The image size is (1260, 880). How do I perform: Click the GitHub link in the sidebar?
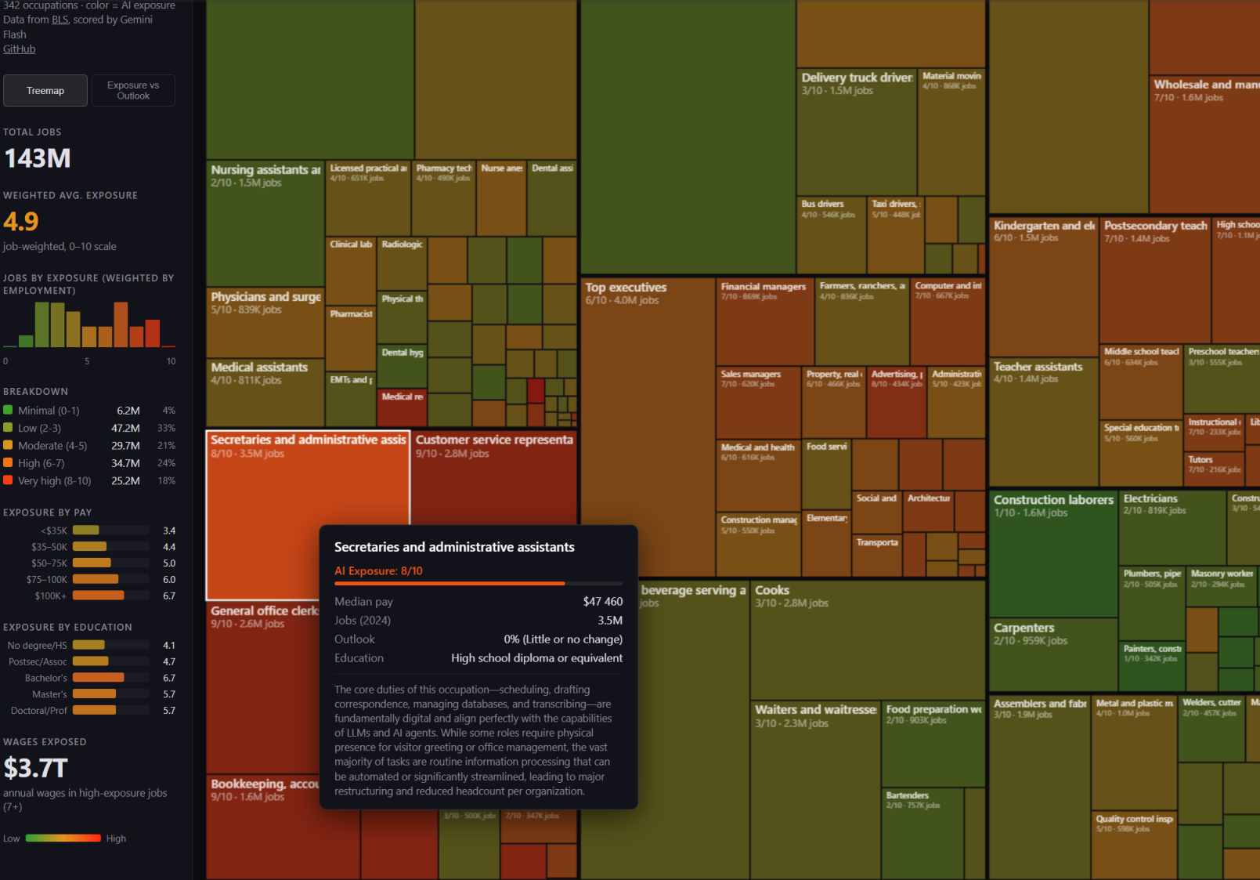[20, 49]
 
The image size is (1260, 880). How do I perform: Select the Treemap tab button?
[45, 90]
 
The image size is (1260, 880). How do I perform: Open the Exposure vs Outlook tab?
[133, 90]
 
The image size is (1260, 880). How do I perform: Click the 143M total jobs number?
[38, 158]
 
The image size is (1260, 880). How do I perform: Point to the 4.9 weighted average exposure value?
[21, 222]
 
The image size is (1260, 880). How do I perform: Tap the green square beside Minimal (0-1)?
[9, 410]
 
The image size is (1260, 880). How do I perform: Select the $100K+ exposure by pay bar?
[98, 596]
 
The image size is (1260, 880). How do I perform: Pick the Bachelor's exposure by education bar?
[98, 678]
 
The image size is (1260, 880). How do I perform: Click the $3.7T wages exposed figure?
[36, 768]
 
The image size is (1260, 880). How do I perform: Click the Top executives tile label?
[626, 288]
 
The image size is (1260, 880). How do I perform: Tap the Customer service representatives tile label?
[494, 440]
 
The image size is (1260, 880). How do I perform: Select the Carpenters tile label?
[1024, 628]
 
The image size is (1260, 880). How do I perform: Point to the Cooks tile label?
[772, 590]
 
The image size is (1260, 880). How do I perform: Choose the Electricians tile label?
[1150, 498]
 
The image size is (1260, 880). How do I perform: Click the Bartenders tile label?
[907, 795]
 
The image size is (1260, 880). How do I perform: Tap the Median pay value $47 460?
[602, 602]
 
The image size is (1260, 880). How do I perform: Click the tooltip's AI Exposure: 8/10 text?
[378, 570]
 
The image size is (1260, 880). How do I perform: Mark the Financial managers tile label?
[763, 287]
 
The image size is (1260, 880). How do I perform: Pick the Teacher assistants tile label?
[1038, 367]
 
